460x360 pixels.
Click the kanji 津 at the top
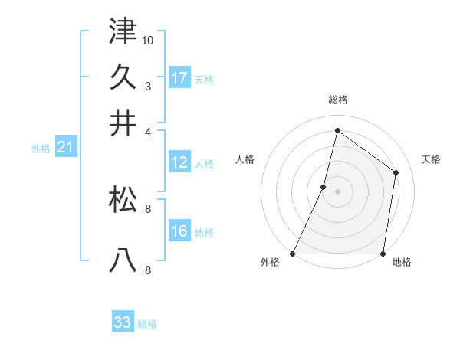tap(123, 31)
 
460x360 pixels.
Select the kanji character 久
tap(123, 77)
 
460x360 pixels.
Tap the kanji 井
tap(123, 123)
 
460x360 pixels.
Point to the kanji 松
tap(123, 199)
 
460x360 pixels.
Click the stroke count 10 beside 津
tap(149, 40)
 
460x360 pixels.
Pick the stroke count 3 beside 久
tap(148, 85)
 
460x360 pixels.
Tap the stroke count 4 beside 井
tap(148, 131)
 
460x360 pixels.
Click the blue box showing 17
tap(179, 77)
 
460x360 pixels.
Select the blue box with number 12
tap(179, 162)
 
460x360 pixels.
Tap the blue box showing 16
tap(179, 231)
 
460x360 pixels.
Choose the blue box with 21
tap(64, 148)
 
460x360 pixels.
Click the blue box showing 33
tap(123, 322)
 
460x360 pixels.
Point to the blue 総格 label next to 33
tap(148, 324)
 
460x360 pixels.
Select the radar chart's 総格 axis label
tap(337, 100)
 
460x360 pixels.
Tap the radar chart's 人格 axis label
tap(245, 159)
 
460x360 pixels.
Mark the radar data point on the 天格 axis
tap(396, 172)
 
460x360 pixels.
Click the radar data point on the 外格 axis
tap(293, 254)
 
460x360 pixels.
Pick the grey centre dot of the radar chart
tap(337, 191)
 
